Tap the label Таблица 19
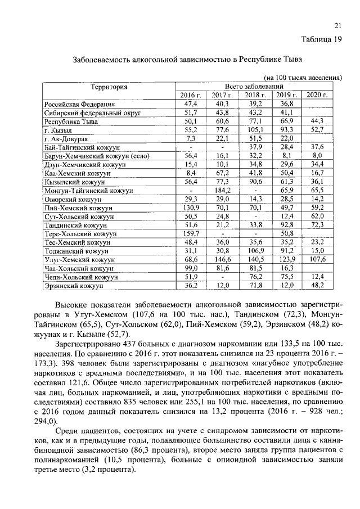pyautogui.click(x=322, y=39)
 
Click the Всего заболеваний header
pyautogui.click(x=253, y=86)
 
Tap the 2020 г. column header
pyautogui.click(x=317, y=95)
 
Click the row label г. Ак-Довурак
pyautogui.click(x=69, y=138)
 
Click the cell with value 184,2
pyautogui.click(x=222, y=191)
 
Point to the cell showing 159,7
pyautogui.click(x=191, y=233)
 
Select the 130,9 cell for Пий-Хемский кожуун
pyautogui.click(x=191, y=208)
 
